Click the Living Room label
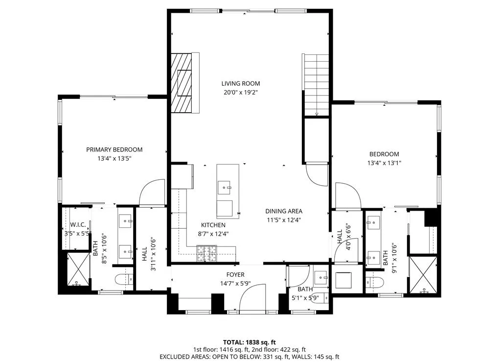click(x=241, y=83)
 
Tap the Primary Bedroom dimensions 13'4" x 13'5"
click(x=114, y=158)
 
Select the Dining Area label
click(x=284, y=211)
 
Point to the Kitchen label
click(x=213, y=225)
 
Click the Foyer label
click(x=235, y=274)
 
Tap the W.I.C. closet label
click(x=78, y=224)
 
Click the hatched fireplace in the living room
click(x=182, y=83)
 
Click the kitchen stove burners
click(x=207, y=253)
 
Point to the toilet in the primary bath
click(x=124, y=279)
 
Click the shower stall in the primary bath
click(x=78, y=268)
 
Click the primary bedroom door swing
click(x=152, y=192)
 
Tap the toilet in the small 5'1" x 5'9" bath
click(x=319, y=298)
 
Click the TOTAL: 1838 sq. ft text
click(x=249, y=342)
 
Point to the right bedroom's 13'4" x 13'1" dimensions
click(x=384, y=163)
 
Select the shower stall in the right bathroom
click(x=423, y=274)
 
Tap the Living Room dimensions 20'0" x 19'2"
click(x=241, y=93)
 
